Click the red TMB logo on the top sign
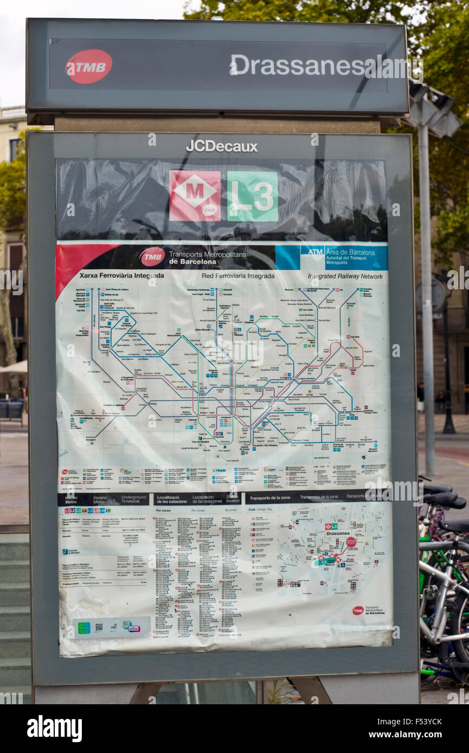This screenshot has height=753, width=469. (x=88, y=66)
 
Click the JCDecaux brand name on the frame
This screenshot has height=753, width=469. (x=221, y=146)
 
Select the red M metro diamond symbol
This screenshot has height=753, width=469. (x=195, y=196)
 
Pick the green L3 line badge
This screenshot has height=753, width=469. (x=253, y=196)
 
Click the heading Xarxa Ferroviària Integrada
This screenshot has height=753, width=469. (x=121, y=276)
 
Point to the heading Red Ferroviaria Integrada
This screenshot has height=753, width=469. (x=238, y=276)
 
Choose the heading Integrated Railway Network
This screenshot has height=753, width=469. (x=345, y=276)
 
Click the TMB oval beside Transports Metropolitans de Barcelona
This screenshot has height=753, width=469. (x=152, y=257)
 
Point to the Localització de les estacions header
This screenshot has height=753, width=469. (x=173, y=499)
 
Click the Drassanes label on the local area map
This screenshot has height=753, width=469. (x=337, y=534)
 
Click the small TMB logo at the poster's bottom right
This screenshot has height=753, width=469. (x=358, y=611)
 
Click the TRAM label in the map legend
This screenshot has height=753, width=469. (x=219, y=471)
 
